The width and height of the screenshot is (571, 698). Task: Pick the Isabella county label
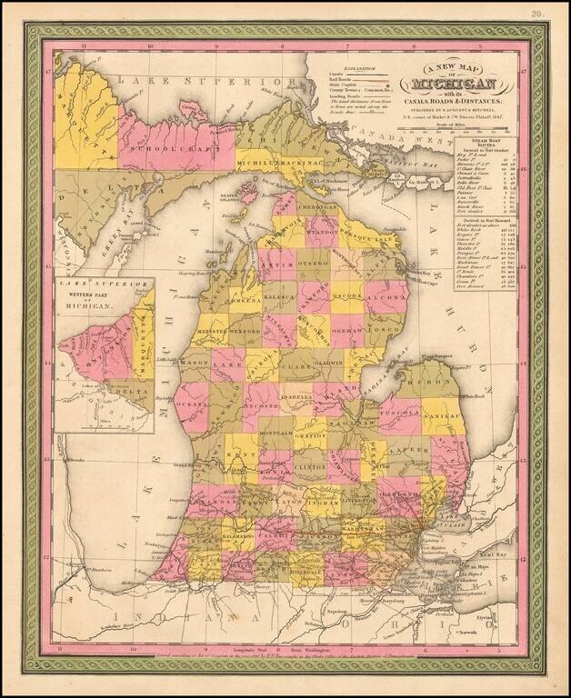point(295,398)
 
